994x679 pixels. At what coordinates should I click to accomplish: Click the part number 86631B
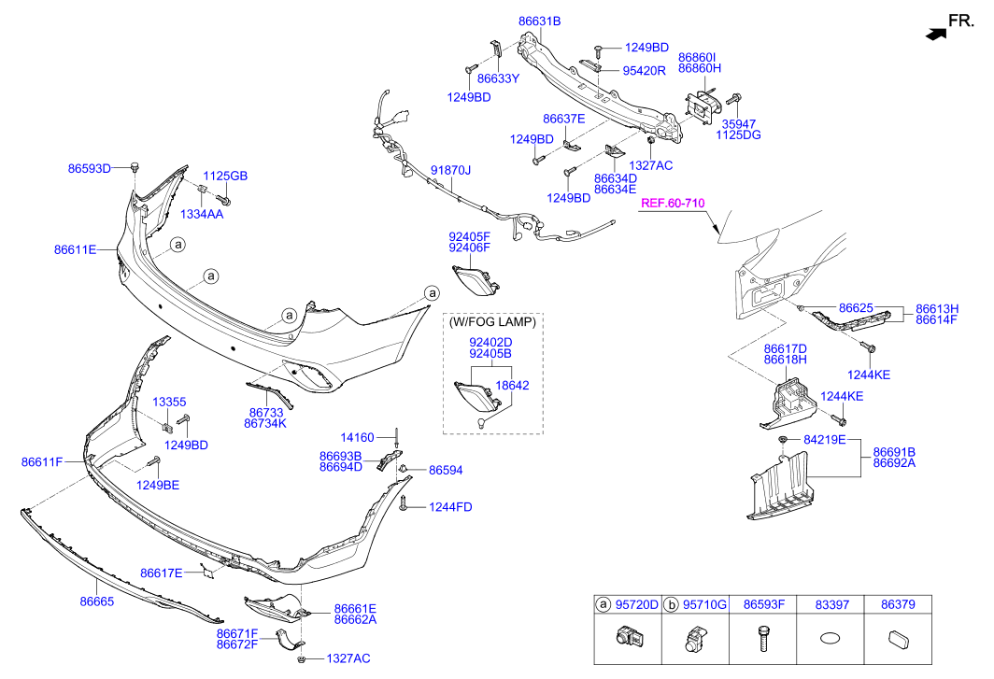539,21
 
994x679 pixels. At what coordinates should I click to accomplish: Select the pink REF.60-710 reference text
673,203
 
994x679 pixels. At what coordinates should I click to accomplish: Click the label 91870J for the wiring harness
450,170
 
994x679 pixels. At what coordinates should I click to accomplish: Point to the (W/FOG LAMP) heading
492,321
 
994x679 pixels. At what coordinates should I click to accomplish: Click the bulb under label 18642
483,422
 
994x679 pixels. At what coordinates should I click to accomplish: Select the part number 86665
97,601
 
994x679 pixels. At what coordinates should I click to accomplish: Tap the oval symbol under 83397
831,639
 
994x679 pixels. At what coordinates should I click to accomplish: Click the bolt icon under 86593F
764,639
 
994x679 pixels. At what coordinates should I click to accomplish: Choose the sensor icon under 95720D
627,637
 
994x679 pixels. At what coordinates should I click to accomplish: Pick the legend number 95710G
704,605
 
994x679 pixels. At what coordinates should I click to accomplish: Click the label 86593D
90,169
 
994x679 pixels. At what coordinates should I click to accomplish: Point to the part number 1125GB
225,176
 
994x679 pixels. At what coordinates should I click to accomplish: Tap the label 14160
358,437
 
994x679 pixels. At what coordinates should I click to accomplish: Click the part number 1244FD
450,506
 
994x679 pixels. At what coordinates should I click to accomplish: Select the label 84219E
824,439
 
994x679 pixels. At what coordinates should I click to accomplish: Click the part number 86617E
161,573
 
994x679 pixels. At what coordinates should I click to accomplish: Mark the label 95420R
644,71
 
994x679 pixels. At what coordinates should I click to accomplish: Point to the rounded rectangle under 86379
899,640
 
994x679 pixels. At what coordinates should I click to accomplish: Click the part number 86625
856,307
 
